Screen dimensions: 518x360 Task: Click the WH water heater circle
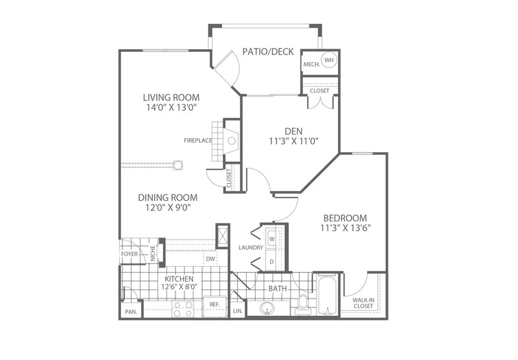click(329, 60)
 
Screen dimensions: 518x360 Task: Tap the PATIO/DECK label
click(268, 52)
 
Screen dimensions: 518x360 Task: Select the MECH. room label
click(311, 64)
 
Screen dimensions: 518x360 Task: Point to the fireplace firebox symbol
click(232, 141)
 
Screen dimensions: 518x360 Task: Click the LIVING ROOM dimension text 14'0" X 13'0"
click(172, 107)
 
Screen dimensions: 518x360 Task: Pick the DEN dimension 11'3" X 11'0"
click(294, 141)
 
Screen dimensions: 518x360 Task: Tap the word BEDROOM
click(345, 218)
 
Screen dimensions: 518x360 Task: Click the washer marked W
click(272, 238)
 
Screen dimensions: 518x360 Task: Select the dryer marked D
click(272, 261)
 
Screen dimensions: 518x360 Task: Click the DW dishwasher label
click(210, 259)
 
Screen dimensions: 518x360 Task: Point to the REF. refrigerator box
click(215, 306)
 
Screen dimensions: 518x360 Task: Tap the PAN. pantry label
click(131, 312)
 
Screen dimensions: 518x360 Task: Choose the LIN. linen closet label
click(238, 311)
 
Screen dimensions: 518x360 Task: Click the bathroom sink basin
click(267, 308)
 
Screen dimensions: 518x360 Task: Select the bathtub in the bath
click(327, 295)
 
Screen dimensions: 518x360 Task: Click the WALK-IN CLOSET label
click(363, 303)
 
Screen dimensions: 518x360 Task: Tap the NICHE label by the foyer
click(153, 254)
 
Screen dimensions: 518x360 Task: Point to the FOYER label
click(129, 254)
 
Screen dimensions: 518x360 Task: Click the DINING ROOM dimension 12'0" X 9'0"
click(168, 207)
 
